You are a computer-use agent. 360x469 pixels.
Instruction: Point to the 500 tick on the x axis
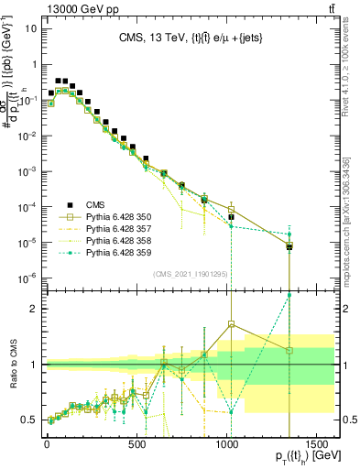point(137,438)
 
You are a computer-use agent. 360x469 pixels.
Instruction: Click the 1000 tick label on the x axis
point(229,438)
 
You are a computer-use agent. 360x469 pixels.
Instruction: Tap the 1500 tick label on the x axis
point(320,438)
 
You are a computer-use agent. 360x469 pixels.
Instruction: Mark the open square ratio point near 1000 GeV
point(231,323)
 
